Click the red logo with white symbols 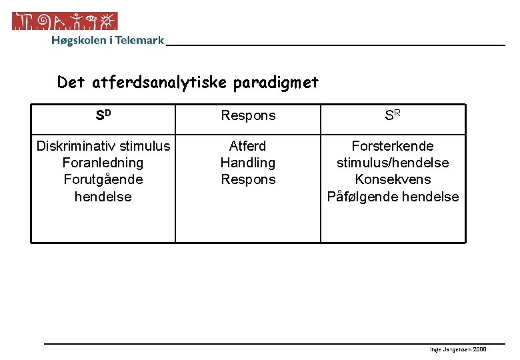(x=65, y=21)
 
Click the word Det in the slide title (x=71, y=83)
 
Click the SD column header (x=103, y=115)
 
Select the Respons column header (x=248, y=116)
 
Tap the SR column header (x=393, y=115)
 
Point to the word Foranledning (x=103, y=163)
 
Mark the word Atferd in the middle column (x=248, y=146)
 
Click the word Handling (x=248, y=163)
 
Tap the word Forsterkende (x=393, y=146)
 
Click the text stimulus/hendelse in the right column (x=393, y=163)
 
